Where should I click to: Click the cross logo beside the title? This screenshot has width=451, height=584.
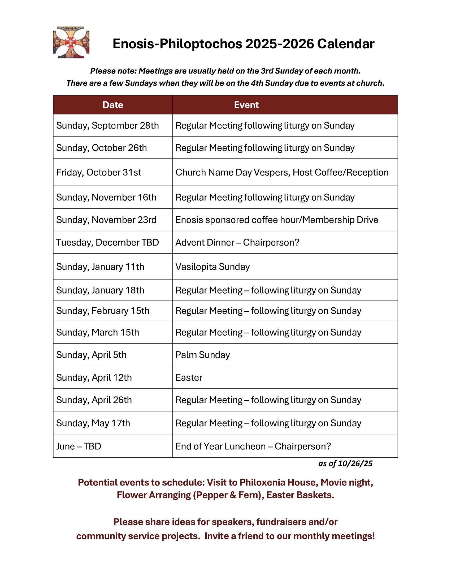pos(71,42)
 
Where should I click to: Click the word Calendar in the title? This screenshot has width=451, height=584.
pos(345,44)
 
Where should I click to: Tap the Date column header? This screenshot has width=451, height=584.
pos(113,105)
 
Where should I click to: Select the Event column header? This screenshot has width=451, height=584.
pos(246,105)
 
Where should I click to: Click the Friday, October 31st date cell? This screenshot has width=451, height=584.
pos(99,173)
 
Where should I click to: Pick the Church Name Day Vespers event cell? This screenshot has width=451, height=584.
pos(281,173)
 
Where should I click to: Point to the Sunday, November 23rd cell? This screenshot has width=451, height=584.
pos(106,220)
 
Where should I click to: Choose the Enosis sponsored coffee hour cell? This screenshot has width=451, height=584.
pos(276,220)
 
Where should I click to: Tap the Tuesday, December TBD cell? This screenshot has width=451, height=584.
pos(107,243)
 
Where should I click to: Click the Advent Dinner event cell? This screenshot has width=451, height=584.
pos(237,243)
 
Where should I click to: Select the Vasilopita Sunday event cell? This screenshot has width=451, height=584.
pos(213,267)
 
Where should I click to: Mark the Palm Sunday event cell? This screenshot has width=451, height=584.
pos(202,355)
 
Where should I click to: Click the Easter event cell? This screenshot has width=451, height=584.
pos(189,377)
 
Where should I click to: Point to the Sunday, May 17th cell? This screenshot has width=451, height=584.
pos(93,423)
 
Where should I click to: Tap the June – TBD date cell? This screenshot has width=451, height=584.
pos(79,446)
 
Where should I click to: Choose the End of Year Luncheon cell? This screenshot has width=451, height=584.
pos(253,446)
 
